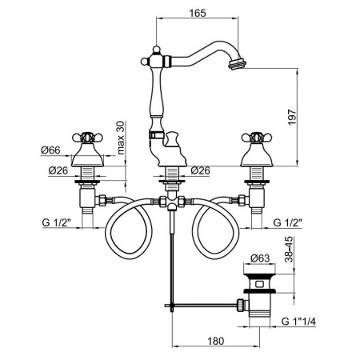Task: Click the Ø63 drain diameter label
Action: pyautogui.click(x=258, y=258)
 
